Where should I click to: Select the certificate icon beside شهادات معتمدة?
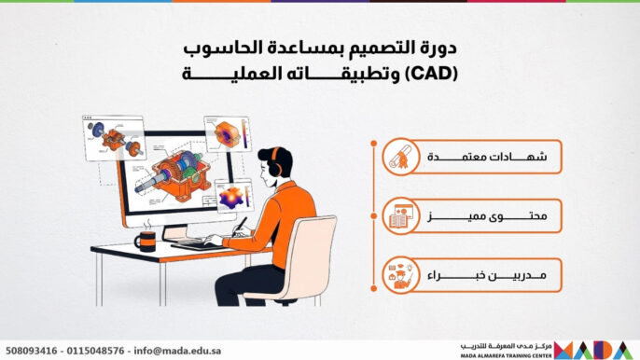pyautogui.click(x=400, y=158)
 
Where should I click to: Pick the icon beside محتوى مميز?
pyautogui.click(x=400, y=217)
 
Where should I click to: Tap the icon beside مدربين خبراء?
pyautogui.click(x=400, y=276)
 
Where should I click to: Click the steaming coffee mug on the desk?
pyautogui.click(x=145, y=242)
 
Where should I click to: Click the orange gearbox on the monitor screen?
pyautogui.click(x=181, y=173)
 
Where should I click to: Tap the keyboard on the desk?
pyautogui.click(x=192, y=244)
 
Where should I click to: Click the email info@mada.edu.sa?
pyautogui.click(x=174, y=350)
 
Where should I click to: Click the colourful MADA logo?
pyautogui.click(x=596, y=349)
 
